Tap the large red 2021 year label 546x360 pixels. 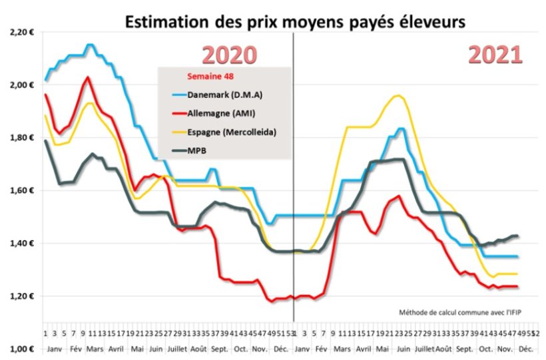coord(495,55)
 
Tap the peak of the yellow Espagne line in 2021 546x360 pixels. coord(398,96)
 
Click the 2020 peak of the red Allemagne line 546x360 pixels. coord(87,77)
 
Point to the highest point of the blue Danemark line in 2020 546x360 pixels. coord(90,45)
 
